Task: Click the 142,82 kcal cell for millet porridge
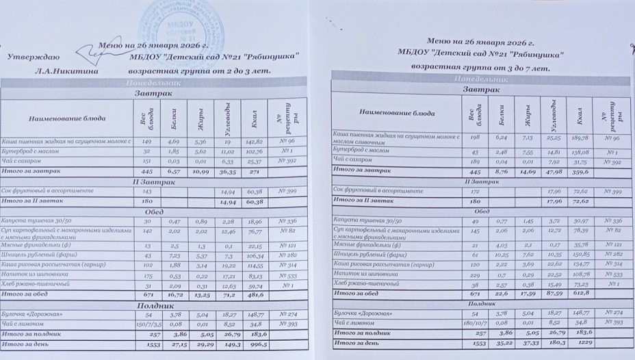click(x=254, y=141)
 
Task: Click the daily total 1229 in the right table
click(x=580, y=342)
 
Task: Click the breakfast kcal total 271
click(x=254, y=173)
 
